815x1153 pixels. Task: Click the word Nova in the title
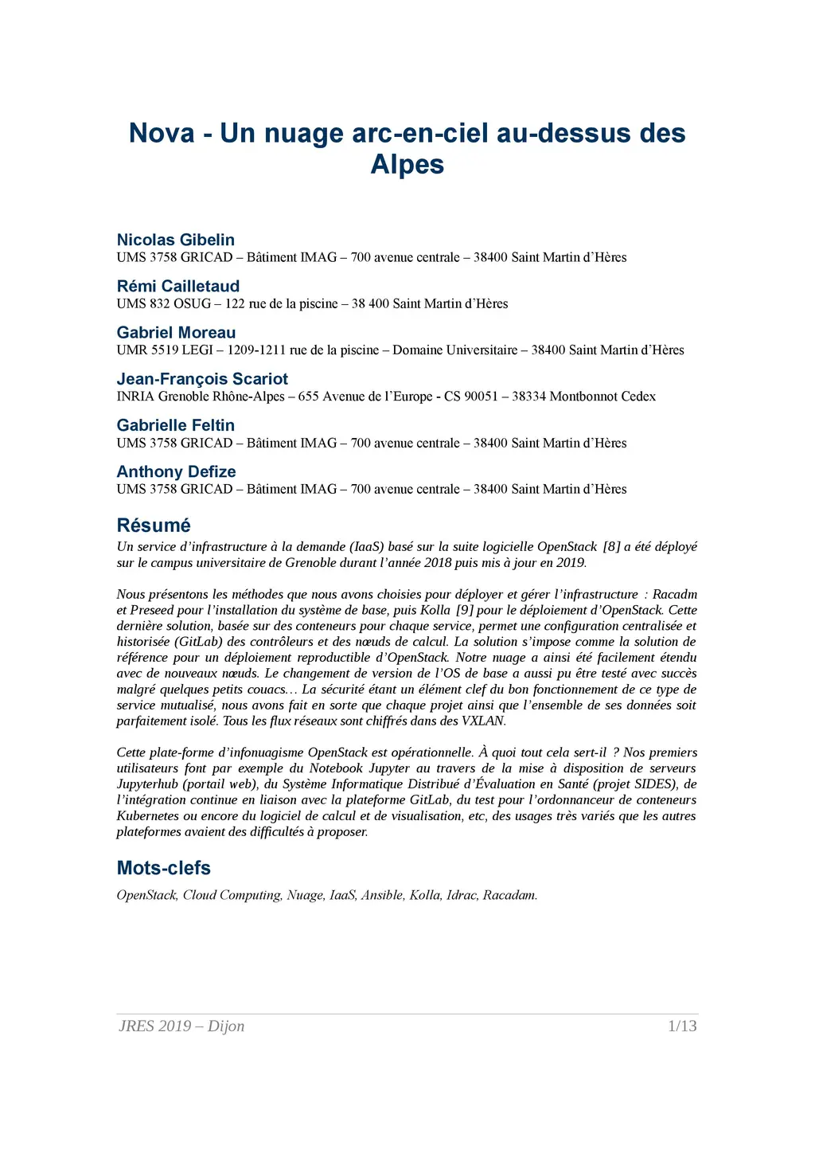(x=162, y=133)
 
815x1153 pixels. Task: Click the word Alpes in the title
(x=407, y=164)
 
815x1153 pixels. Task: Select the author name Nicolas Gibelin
(x=175, y=240)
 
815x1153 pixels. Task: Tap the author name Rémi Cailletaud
(x=177, y=286)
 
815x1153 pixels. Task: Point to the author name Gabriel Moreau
(x=176, y=332)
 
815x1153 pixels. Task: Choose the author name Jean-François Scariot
(x=202, y=379)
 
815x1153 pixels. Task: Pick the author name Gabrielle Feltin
(x=175, y=425)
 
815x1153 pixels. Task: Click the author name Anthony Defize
(x=176, y=471)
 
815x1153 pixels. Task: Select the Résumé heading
(x=154, y=526)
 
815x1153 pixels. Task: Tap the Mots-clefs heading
(x=163, y=868)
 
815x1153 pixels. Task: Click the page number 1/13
(x=682, y=1026)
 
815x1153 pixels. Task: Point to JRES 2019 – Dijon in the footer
(x=181, y=1026)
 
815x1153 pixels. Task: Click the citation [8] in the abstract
(x=611, y=547)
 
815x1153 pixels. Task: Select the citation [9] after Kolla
(x=465, y=611)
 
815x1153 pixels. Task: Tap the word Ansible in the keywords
(x=382, y=895)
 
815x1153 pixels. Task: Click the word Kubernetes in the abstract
(x=148, y=816)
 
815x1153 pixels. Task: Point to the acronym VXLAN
(x=482, y=721)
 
